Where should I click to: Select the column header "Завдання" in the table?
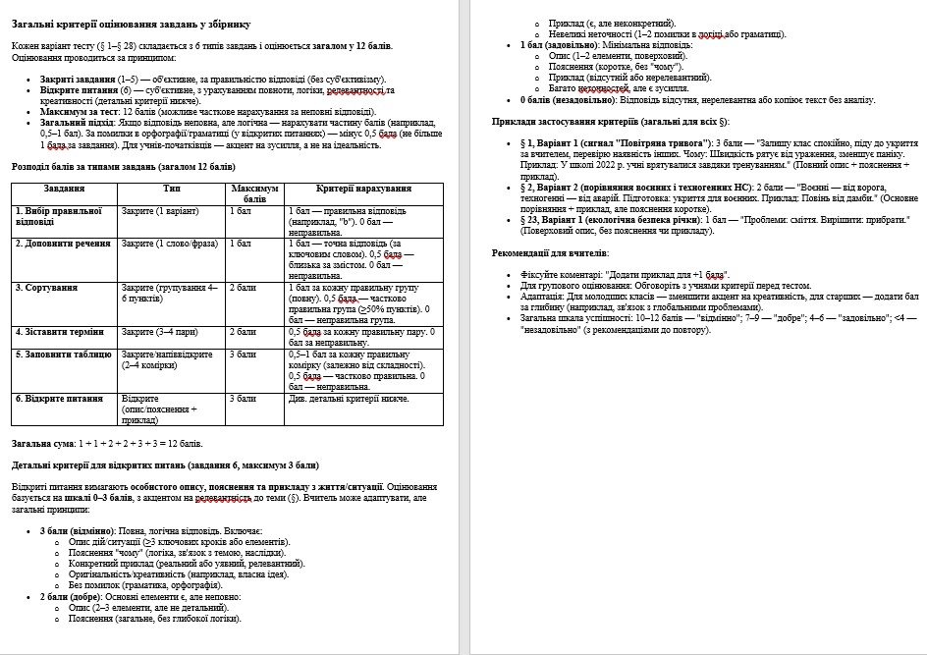click(x=65, y=187)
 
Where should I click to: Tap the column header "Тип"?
click(x=172, y=187)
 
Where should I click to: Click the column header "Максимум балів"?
click(x=254, y=192)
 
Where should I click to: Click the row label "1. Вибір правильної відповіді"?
click(x=58, y=216)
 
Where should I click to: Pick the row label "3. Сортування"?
click(x=45, y=288)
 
